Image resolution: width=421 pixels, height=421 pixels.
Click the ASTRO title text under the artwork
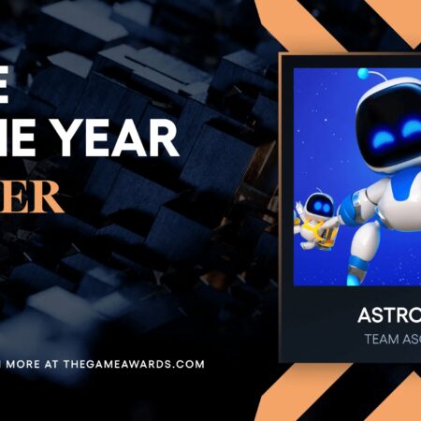point(387,315)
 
